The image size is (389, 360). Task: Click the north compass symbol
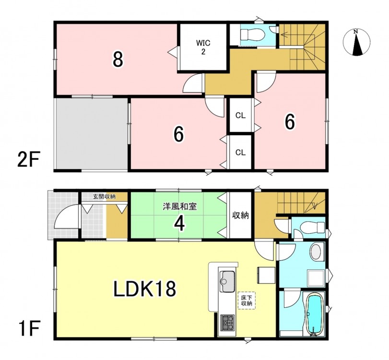356,42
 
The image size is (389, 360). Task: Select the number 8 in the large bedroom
118,59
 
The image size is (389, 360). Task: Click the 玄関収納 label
104,197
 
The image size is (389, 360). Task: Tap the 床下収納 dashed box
247,300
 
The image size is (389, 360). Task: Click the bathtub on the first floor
314,314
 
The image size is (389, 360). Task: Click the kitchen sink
227,281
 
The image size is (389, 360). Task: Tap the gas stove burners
227,323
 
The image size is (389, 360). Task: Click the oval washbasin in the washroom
316,252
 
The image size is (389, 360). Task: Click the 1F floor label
28,328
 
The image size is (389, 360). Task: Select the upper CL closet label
240,116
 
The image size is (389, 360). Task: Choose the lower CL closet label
240,153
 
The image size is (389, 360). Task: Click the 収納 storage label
240,216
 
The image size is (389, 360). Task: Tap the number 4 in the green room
179,224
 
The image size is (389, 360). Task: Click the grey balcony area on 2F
92,134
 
